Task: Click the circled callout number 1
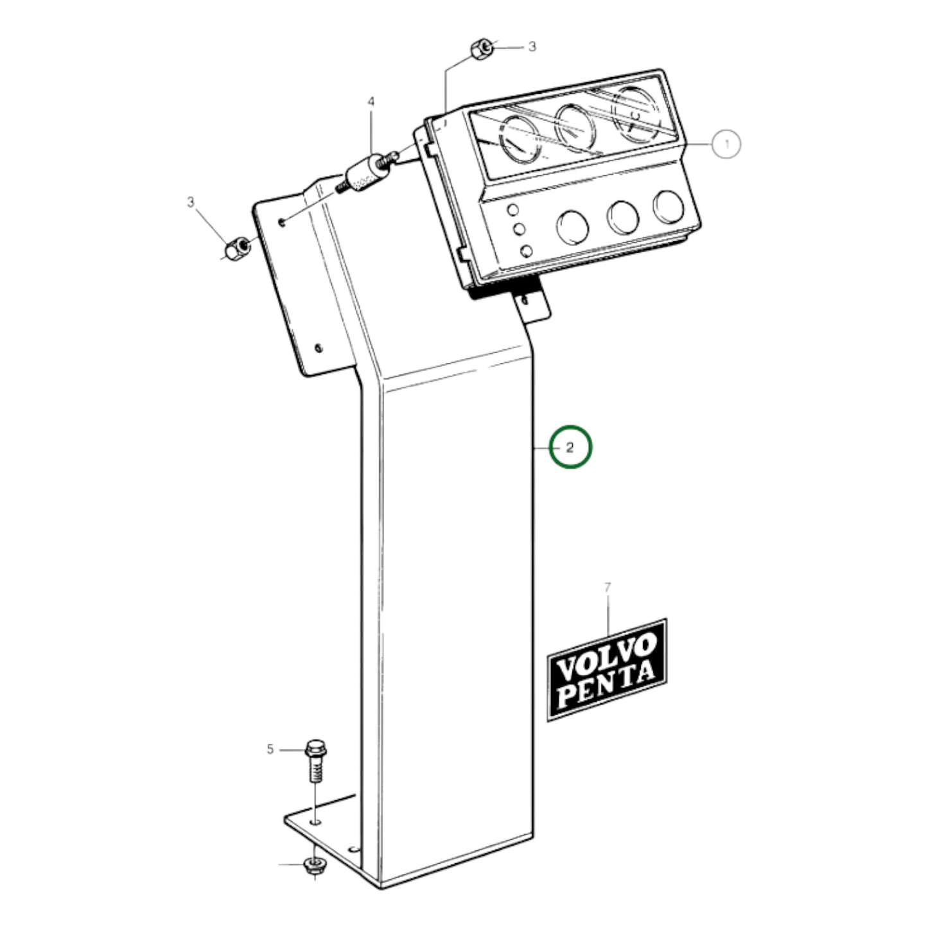point(726,144)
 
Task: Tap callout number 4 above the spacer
point(371,101)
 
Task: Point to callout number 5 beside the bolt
point(270,749)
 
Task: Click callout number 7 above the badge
point(608,586)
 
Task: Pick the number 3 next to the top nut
point(532,47)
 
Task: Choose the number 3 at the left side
point(190,202)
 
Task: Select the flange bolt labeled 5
point(315,761)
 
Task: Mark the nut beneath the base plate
point(314,866)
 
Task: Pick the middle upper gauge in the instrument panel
point(577,125)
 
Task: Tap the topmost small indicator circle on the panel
point(512,210)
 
